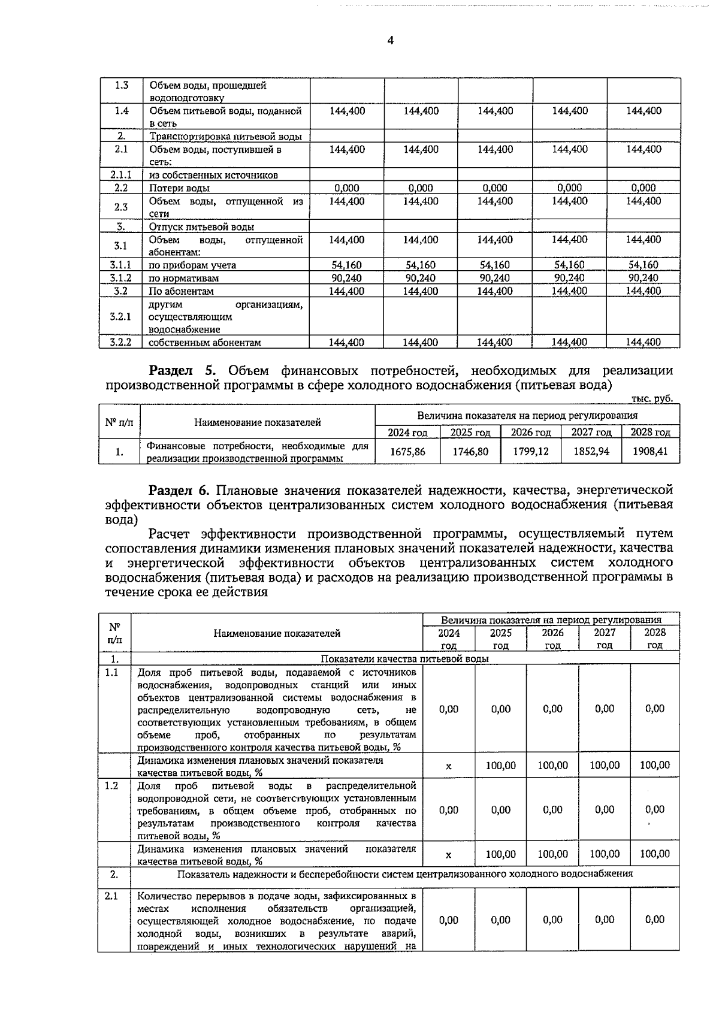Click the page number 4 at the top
[x=390, y=41]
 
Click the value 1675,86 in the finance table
[x=407, y=452]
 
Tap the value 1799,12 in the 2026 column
[x=530, y=451]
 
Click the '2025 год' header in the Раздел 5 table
[x=470, y=432]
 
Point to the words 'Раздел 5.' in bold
[x=185, y=370]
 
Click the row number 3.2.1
[x=121, y=316]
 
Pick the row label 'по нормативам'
[x=183, y=278]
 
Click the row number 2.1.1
[x=121, y=175]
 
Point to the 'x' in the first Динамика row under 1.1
[x=449, y=766]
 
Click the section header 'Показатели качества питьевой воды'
[x=405, y=658]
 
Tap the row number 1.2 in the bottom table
[x=112, y=785]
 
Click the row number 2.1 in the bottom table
[x=112, y=896]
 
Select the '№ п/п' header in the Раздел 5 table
[x=119, y=422]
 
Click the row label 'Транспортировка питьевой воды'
[x=225, y=137]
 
